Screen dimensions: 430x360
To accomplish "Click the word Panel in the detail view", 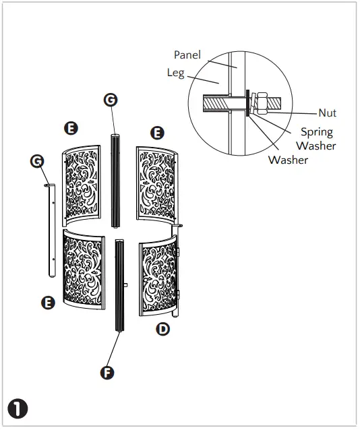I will [x=187, y=54].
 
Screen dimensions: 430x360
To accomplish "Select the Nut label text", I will [x=328, y=113].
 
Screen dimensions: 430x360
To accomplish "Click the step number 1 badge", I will [x=16, y=408].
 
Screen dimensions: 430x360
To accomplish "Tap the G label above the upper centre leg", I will [x=111, y=100].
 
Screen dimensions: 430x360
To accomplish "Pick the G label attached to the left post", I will [x=38, y=160].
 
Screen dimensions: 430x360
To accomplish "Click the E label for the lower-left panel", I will [x=48, y=303].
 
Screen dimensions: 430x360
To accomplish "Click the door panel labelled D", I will [x=160, y=277].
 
